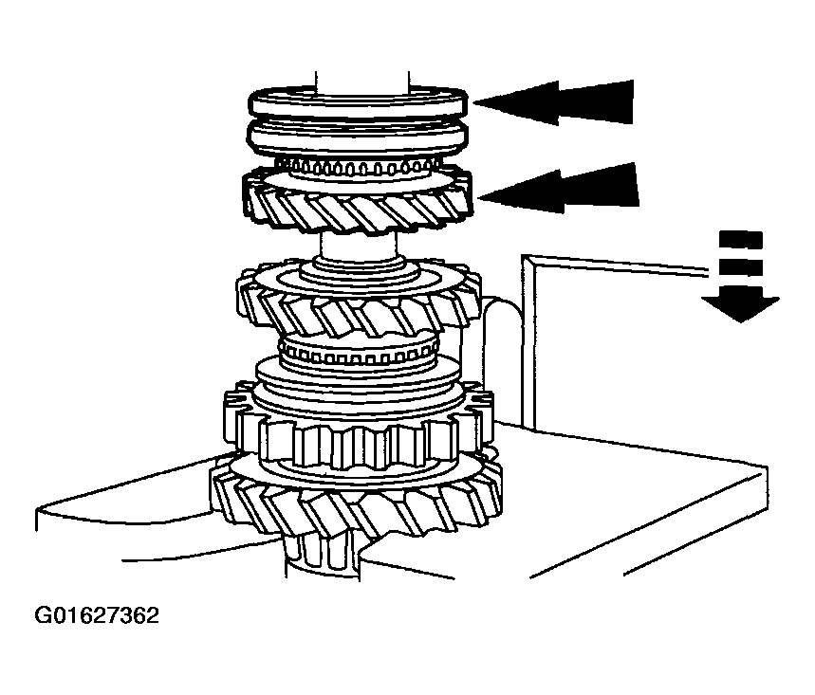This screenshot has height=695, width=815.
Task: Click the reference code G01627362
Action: click(97, 615)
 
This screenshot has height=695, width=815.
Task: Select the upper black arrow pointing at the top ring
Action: click(553, 102)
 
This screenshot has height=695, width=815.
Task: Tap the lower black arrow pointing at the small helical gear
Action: click(559, 188)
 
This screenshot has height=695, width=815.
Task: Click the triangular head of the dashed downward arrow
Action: click(740, 306)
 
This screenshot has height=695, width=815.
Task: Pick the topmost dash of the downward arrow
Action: click(740, 240)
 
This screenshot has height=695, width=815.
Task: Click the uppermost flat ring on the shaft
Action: click(359, 104)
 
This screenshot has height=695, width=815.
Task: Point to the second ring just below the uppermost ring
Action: click(359, 137)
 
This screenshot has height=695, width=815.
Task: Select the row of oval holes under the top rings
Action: click(359, 168)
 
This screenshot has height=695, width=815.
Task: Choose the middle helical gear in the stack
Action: click(359, 302)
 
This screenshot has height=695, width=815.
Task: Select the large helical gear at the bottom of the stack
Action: click(357, 499)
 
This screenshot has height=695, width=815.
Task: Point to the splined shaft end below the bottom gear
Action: click(322, 557)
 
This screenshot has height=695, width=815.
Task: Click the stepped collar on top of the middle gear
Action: click(360, 273)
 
